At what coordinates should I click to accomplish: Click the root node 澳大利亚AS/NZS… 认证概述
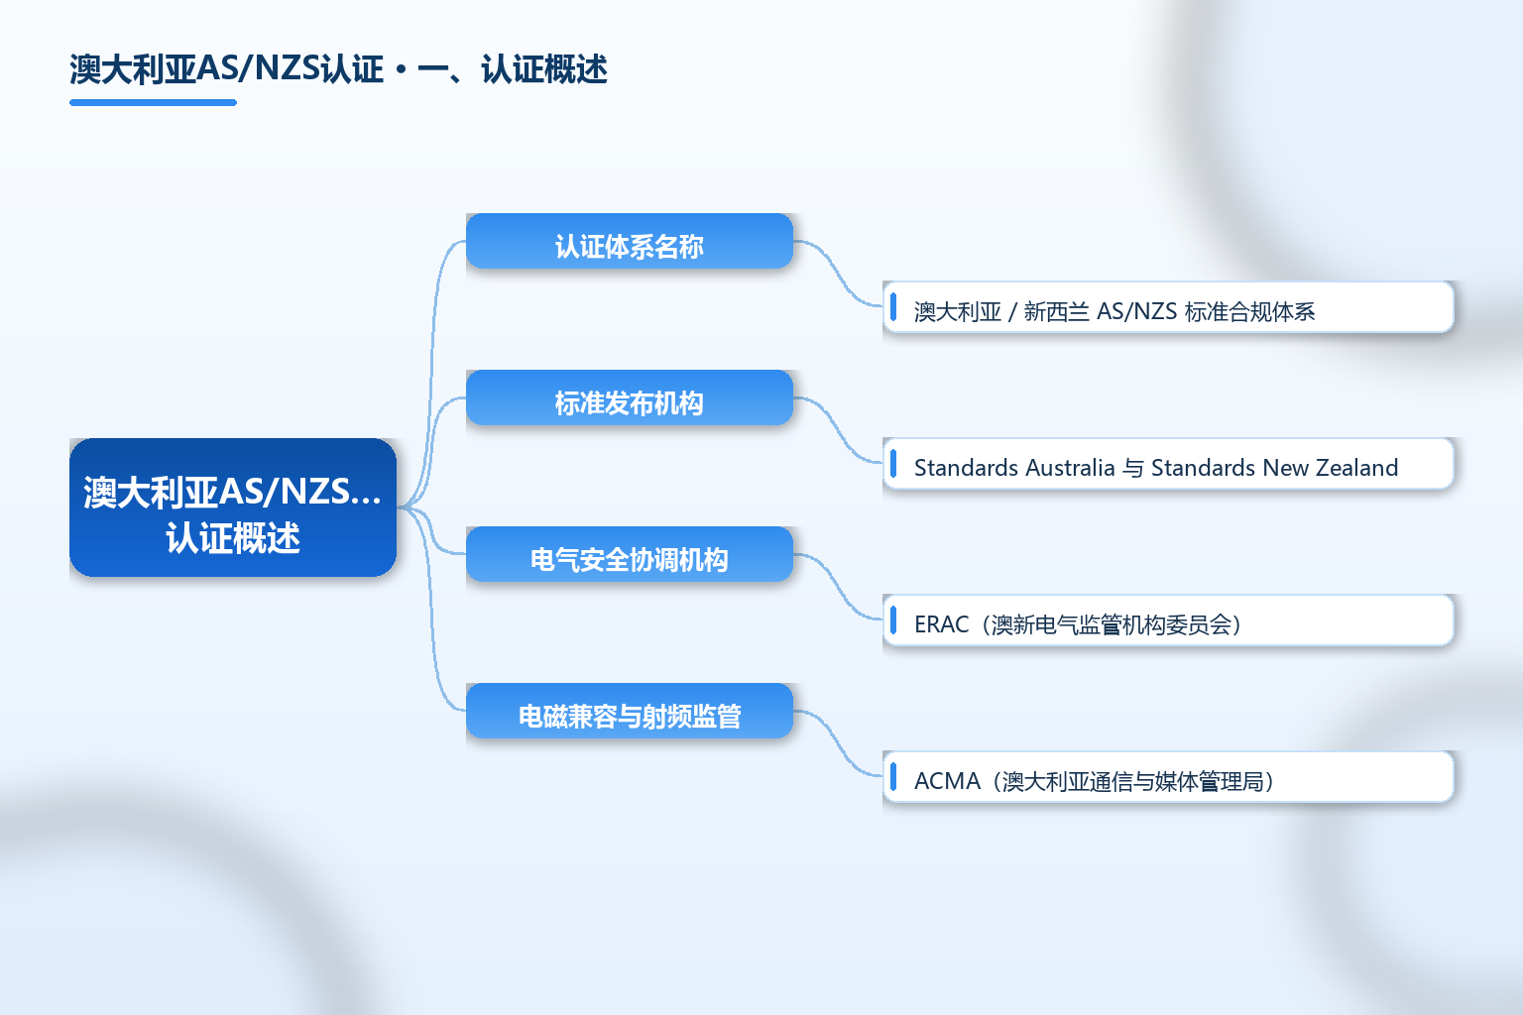click(x=233, y=507)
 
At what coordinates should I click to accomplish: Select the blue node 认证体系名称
click(x=630, y=241)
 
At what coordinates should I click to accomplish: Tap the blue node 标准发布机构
click(x=630, y=397)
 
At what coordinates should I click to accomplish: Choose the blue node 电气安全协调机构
click(x=630, y=554)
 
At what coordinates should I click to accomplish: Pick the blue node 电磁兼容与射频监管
click(x=630, y=711)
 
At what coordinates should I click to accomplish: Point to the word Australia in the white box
click(x=1070, y=468)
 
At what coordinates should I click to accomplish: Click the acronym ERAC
click(x=941, y=624)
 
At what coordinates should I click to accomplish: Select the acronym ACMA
click(x=947, y=780)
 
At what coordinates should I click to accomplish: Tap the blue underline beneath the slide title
click(x=153, y=103)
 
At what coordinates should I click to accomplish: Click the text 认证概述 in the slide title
click(x=544, y=69)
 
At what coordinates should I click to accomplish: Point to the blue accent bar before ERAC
click(x=893, y=620)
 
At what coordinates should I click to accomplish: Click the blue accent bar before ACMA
click(x=893, y=776)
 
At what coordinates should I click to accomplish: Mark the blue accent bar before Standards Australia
click(x=893, y=464)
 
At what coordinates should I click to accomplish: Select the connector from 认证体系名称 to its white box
click(x=838, y=274)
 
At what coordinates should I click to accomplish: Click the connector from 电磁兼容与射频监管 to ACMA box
click(x=838, y=743)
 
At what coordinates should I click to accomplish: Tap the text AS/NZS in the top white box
click(x=1137, y=311)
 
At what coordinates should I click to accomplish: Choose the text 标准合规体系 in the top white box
click(x=1249, y=311)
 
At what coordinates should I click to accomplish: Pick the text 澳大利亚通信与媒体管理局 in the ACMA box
click(x=1132, y=781)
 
